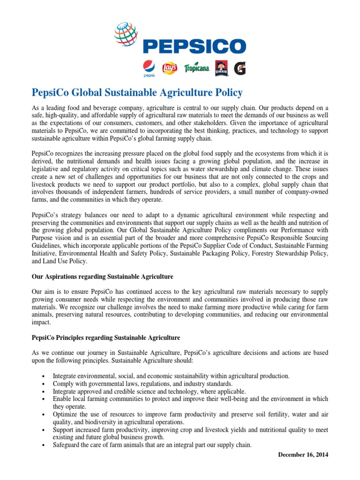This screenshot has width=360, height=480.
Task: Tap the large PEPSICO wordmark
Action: pos(194,46)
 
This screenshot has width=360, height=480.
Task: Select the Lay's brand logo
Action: pos(169,69)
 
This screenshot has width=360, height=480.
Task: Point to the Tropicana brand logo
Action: pos(197,69)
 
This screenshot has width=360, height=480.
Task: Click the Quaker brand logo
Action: pos(222,68)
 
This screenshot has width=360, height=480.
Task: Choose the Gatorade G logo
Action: pos(240,68)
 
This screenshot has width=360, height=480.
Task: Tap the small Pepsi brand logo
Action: pos(149,69)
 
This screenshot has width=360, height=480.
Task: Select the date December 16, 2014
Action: pos(303,454)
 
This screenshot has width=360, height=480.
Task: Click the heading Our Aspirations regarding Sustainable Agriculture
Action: pos(102,277)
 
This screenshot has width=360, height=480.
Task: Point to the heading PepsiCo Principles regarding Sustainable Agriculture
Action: pos(105,337)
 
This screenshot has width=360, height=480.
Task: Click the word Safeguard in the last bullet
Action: pos(67,446)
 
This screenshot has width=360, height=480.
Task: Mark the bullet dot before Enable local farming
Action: pos(43,399)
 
